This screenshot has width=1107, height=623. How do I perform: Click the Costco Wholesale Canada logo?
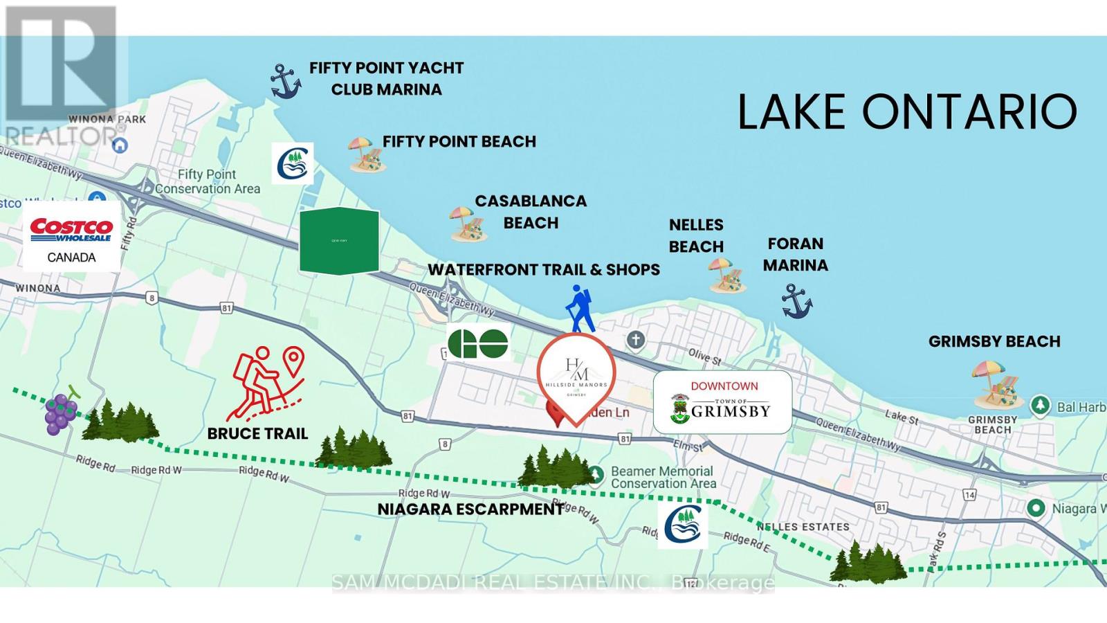[x=71, y=236]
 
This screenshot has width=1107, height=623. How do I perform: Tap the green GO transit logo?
[x=478, y=343]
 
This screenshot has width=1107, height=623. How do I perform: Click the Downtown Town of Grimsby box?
[x=722, y=402]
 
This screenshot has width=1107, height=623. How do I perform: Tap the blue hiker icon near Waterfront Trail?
[x=579, y=309]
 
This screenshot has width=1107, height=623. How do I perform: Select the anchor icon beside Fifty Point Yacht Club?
[x=285, y=81]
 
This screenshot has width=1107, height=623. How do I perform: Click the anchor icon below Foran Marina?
[x=796, y=301]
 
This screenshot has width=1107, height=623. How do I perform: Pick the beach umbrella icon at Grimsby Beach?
[x=996, y=383]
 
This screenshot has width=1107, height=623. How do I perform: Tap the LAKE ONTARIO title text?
[x=907, y=112]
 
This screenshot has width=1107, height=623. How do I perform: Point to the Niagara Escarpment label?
[x=470, y=509]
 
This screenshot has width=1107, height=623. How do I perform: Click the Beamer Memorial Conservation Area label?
[x=663, y=477]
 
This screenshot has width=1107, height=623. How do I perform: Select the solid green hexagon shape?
[x=339, y=240]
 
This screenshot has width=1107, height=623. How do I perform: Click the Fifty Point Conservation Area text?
[x=208, y=181]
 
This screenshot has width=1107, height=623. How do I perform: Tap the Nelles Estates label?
[x=803, y=527]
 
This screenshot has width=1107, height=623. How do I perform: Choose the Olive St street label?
[x=704, y=356]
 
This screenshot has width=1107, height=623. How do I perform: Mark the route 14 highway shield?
[x=969, y=494]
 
